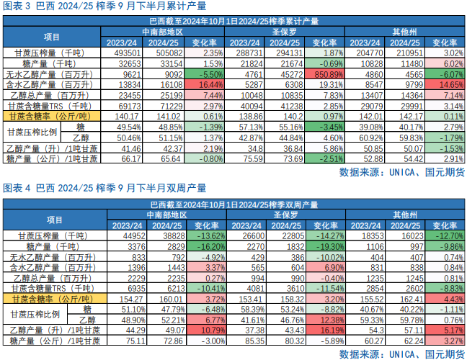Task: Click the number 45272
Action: pos(288,73)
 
